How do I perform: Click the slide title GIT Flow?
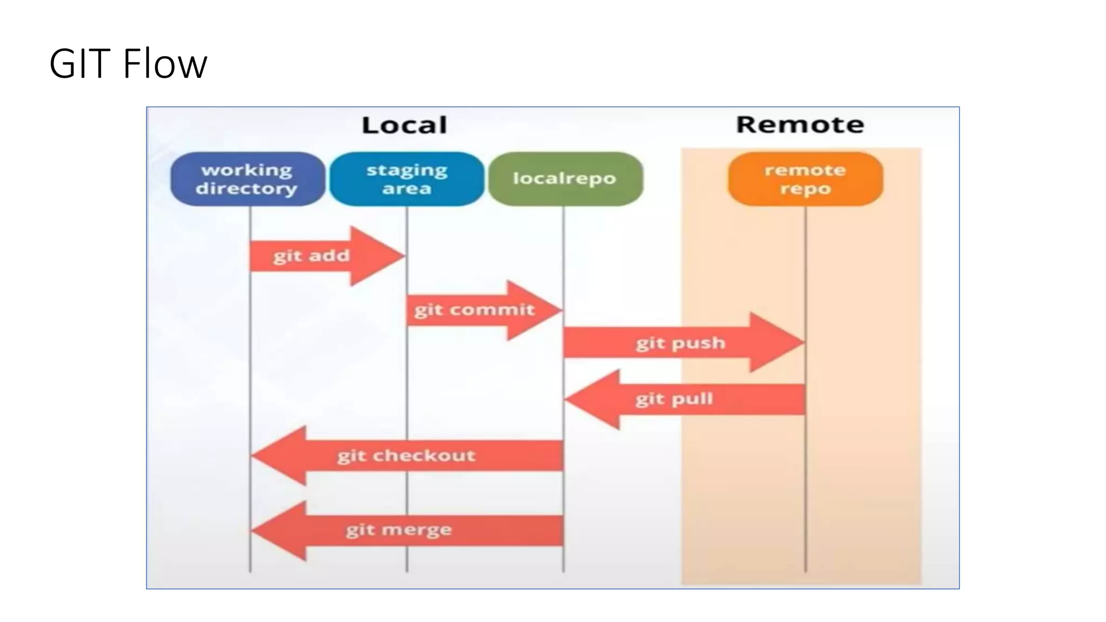pos(128,64)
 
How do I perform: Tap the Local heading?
pos(404,125)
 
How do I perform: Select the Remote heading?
pos(800,125)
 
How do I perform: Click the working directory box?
pos(247,179)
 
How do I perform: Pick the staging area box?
pos(407,179)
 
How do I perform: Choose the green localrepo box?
pos(565,179)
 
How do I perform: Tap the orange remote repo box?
pos(805,179)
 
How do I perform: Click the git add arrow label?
pos(312,255)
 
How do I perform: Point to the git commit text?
pos(474,310)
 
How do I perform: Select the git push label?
pos(680,343)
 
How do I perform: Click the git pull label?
pos(674,399)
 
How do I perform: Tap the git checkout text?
pos(406,456)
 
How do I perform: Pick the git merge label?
pos(399,530)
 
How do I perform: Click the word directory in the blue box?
pos(246,188)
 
